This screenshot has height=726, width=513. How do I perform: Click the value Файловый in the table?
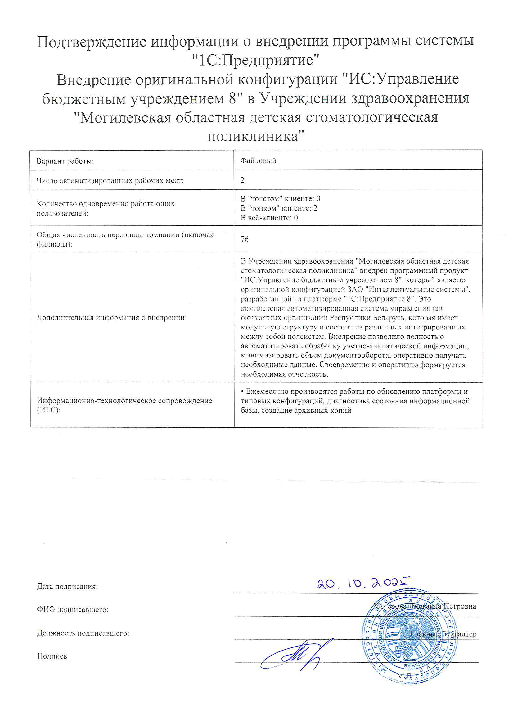tap(258, 161)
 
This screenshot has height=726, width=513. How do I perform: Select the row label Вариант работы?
tap(65, 161)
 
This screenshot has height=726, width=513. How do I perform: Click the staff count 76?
tap(244, 239)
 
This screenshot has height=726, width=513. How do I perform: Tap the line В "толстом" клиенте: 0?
tap(280, 198)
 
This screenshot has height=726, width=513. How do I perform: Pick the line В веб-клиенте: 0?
tap(269, 218)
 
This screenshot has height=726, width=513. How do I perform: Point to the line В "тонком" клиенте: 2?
tap(279, 208)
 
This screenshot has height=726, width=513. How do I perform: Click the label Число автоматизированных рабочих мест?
tap(110, 180)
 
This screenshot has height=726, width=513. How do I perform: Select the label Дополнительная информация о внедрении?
tap(112, 317)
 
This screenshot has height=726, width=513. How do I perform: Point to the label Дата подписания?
tap(67, 587)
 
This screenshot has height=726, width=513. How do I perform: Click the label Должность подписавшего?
tap(83, 633)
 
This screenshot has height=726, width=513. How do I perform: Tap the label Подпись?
tap(52, 656)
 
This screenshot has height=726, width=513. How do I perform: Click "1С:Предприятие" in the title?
tap(256, 60)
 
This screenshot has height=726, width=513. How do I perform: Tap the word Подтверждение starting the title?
tap(92, 41)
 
